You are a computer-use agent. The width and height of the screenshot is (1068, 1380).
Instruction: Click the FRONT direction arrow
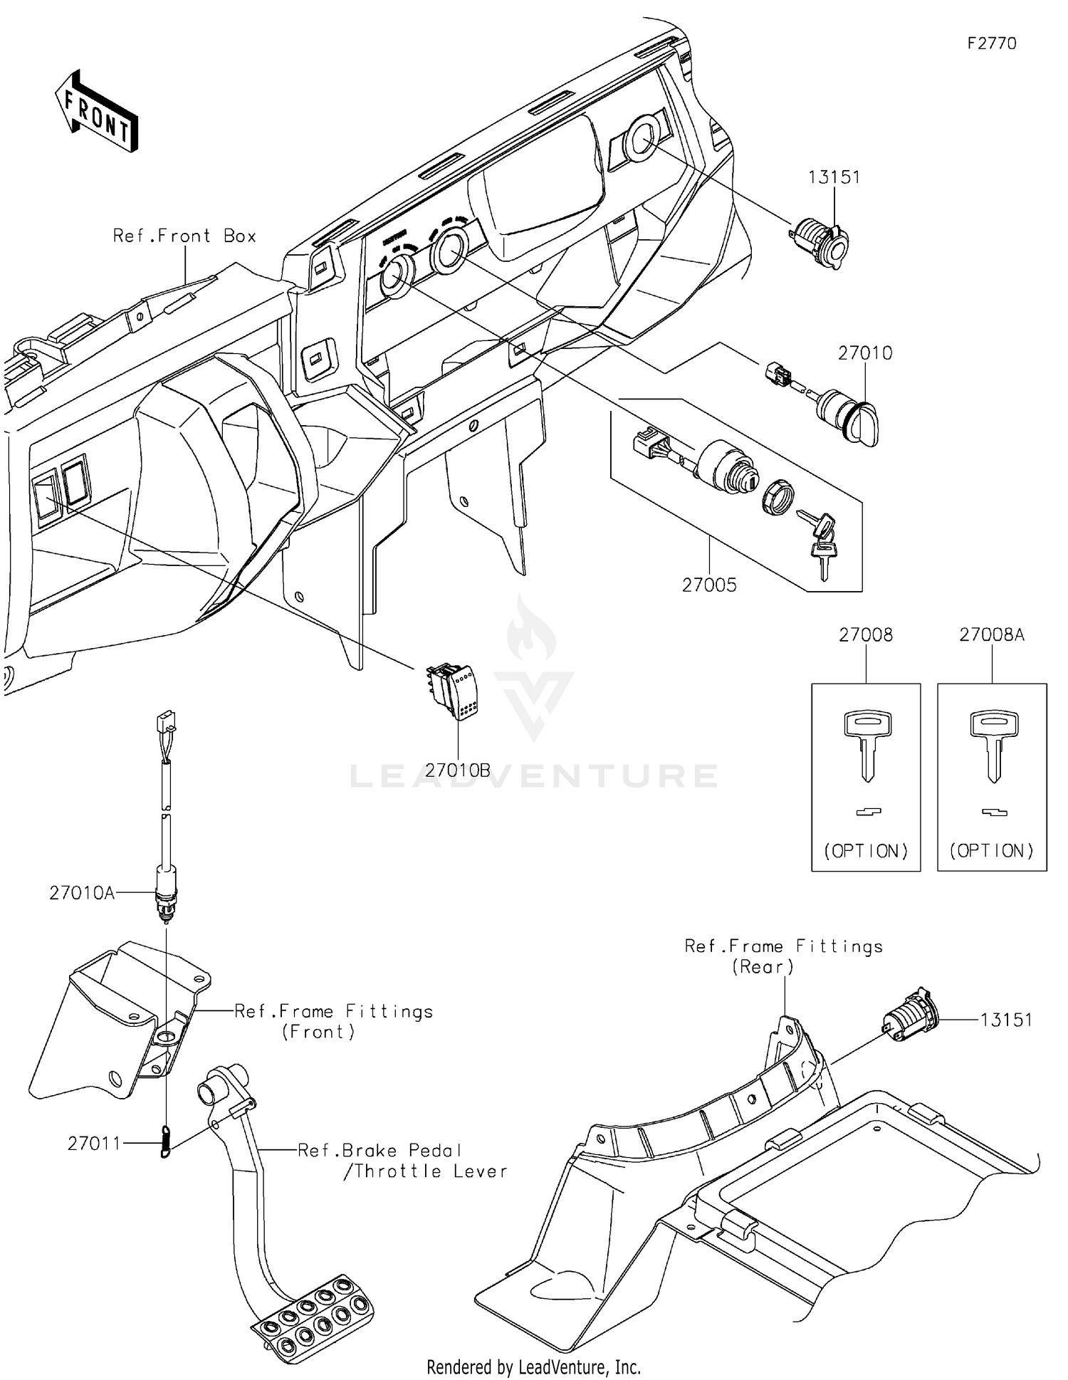(96, 111)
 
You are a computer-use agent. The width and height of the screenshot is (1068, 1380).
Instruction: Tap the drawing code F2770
(991, 43)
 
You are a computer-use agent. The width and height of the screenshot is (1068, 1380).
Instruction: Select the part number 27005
(709, 585)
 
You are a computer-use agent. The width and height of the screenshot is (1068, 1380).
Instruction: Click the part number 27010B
(458, 770)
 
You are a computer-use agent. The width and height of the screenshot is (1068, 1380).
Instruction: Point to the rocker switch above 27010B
(454, 692)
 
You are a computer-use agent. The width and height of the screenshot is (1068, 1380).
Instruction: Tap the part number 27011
(94, 1143)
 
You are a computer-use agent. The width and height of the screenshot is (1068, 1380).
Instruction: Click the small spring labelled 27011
(166, 1141)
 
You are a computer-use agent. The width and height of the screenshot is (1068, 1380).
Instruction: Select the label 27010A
(82, 892)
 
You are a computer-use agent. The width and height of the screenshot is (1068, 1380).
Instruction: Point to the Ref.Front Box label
(184, 236)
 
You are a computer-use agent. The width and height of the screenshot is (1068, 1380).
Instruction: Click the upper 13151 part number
(834, 177)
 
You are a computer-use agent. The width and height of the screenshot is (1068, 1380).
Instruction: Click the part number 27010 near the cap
(864, 352)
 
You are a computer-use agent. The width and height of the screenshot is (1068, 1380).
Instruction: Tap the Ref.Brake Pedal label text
(379, 1150)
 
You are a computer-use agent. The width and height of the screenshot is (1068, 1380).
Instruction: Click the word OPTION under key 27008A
(992, 850)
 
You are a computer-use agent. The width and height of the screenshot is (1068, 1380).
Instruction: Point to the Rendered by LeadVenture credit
(533, 1366)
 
